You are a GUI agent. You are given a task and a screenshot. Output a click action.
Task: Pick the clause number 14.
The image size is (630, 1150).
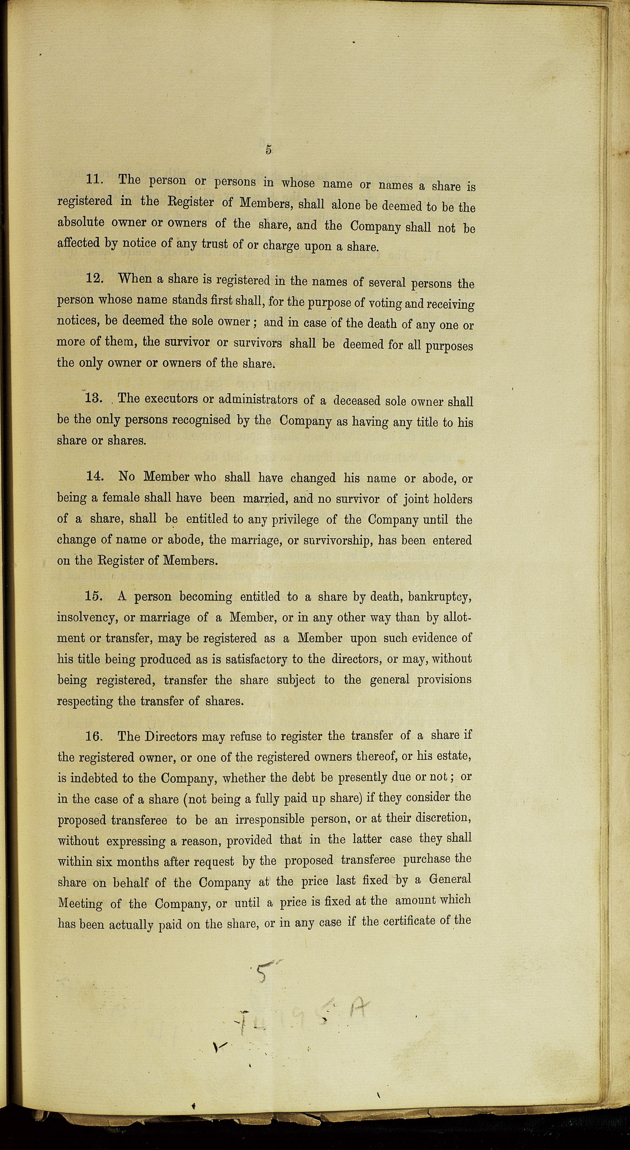[x=95, y=477]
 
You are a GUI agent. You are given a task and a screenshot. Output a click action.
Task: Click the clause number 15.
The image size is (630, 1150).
[x=95, y=597]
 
